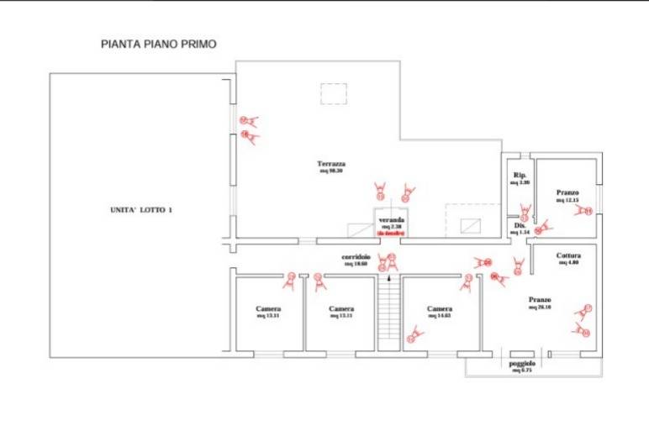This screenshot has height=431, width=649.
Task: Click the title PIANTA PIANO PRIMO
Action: (x=158, y=44)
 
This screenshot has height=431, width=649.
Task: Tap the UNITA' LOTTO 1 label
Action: (x=140, y=210)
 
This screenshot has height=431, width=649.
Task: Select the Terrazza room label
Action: (x=331, y=163)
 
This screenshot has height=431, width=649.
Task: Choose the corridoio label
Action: (x=356, y=257)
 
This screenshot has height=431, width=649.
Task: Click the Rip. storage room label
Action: (x=520, y=175)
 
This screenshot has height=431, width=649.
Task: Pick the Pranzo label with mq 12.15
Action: (x=567, y=193)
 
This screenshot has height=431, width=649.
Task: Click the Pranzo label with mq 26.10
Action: (x=540, y=300)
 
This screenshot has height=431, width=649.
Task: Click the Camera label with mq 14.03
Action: (x=440, y=308)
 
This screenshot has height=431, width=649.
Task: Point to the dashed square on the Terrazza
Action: (x=333, y=93)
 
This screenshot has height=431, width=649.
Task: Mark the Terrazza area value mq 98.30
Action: (x=331, y=171)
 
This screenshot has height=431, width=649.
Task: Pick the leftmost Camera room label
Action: (x=268, y=308)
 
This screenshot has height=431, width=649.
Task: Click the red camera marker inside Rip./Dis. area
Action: (x=525, y=211)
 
